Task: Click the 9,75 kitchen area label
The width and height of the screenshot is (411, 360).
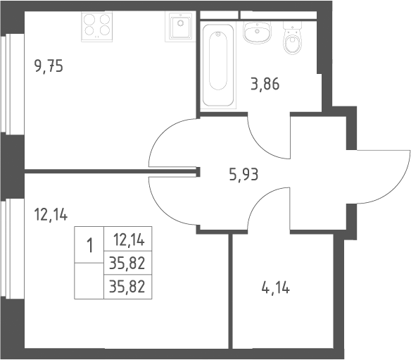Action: click(49, 66)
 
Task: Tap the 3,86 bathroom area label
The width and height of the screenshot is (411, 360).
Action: click(265, 85)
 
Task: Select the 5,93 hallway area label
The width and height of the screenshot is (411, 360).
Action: click(244, 175)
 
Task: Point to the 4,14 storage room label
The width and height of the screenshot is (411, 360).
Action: click(276, 288)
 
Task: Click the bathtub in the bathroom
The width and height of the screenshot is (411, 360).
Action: click(218, 65)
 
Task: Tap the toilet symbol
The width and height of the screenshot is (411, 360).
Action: click(293, 38)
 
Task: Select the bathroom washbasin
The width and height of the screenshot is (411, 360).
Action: click(257, 32)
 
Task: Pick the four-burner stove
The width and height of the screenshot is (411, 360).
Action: click(96, 27)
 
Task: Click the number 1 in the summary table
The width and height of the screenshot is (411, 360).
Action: click(89, 245)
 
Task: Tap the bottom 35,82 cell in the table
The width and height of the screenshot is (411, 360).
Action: click(127, 287)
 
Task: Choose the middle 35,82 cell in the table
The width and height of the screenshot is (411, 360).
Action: click(127, 263)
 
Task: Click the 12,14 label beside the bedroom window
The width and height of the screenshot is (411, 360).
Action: click(51, 214)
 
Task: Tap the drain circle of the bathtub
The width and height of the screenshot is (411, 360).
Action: click(218, 34)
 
